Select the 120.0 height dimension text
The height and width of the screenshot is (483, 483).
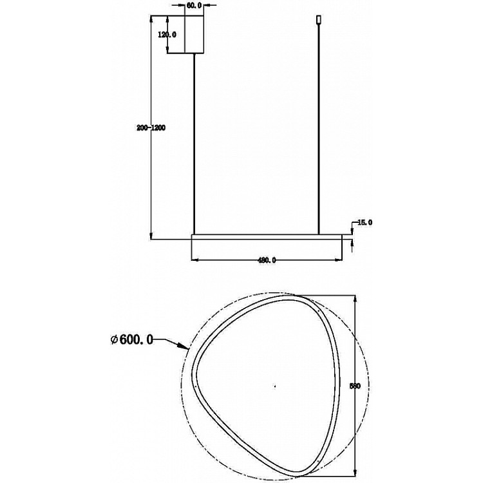(x=167, y=34)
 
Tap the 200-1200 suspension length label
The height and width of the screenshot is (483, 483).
(x=151, y=128)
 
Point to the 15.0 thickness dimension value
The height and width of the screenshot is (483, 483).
(x=365, y=222)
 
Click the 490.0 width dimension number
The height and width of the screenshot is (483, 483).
(x=267, y=260)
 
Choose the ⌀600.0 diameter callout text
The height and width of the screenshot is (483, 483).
(x=131, y=339)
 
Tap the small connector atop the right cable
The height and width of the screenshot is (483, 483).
(x=318, y=21)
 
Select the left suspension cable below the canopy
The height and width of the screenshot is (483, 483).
(x=194, y=142)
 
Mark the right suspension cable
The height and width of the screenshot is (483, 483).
(x=318, y=129)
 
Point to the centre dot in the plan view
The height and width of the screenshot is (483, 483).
(x=274, y=386)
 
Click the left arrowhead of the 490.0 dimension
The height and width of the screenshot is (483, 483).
(x=196, y=260)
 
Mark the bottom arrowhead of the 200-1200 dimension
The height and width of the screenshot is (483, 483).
(x=151, y=235)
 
